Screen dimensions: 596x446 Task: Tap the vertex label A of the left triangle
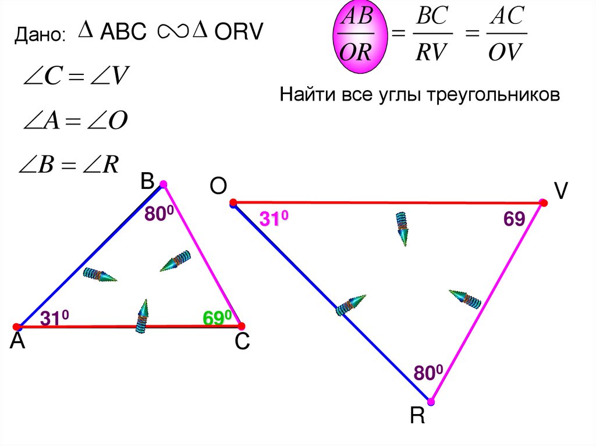pyautogui.click(x=17, y=342)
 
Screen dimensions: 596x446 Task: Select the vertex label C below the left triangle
pyautogui.click(x=242, y=344)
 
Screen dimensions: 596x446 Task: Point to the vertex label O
pyautogui.click(x=218, y=187)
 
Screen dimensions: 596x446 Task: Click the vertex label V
pyautogui.click(x=561, y=191)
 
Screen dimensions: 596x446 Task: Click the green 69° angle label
pyautogui.click(x=217, y=318)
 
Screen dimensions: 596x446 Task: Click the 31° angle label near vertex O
pyautogui.click(x=274, y=219)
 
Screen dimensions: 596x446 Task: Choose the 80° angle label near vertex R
pyautogui.click(x=428, y=372)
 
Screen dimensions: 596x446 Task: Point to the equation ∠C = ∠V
pyautogui.click(x=75, y=77)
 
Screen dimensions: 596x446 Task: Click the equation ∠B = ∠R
pyautogui.click(x=70, y=165)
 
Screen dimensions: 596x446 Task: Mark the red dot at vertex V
pyautogui.click(x=543, y=203)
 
